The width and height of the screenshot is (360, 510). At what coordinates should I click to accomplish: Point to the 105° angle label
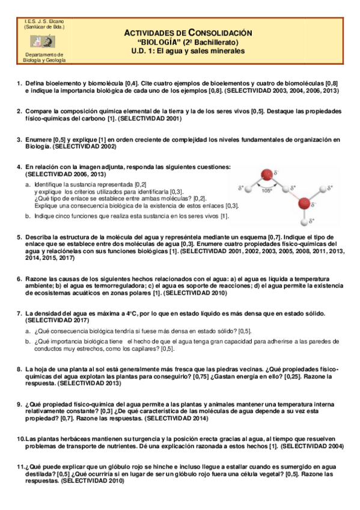(266, 190)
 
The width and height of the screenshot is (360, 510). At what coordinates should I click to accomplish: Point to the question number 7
(19, 315)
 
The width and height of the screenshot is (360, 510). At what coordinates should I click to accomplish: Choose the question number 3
(19, 140)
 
